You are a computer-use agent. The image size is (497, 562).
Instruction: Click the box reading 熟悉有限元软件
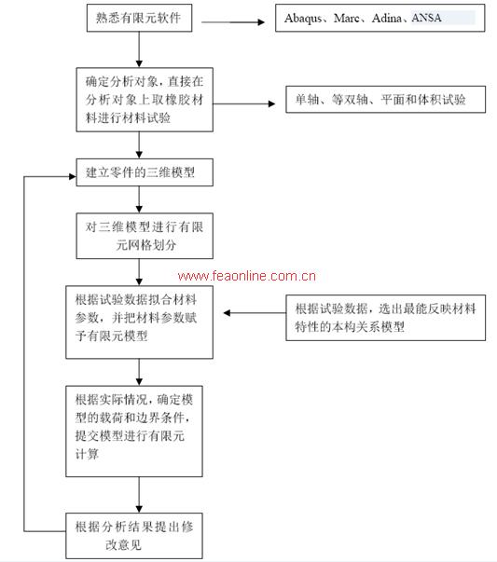click(x=139, y=18)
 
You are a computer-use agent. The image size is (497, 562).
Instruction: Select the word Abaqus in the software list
click(x=303, y=19)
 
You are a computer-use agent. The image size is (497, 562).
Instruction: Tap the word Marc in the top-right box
click(x=347, y=19)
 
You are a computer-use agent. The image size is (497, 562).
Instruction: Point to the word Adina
click(x=387, y=19)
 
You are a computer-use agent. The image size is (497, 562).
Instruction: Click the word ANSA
click(x=426, y=18)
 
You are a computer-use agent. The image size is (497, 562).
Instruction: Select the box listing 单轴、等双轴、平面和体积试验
click(x=385, y=100)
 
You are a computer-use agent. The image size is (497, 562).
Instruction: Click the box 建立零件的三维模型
click(x=145, y=172)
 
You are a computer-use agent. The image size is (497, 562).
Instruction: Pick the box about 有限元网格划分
click(x=145, y=236)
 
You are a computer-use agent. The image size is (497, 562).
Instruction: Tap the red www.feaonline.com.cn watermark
click(x=247, y=276)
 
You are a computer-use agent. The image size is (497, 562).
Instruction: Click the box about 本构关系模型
click(x=385, y=318)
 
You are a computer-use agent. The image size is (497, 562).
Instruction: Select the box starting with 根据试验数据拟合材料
click(x=139, y=322)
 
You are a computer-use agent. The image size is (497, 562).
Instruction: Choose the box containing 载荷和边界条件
click(x=134, y=432)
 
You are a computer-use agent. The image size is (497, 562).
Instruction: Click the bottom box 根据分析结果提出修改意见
click(x=134, y=536)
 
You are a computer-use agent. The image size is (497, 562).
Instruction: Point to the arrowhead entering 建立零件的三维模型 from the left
click(x=73, y=176)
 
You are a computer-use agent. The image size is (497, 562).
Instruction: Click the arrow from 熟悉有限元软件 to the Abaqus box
click(x=233, y=22)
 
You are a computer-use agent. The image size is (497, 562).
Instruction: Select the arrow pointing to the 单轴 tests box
click(x=244, y=104)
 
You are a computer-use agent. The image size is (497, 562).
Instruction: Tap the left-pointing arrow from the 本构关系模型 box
click(x=255, y=313)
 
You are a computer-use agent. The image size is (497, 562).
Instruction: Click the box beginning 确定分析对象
click(x=145, y=100)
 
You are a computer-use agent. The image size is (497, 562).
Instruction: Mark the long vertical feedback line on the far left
click(x=24, y=354)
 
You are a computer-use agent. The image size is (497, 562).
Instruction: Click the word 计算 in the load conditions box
click(x=87, y=454)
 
